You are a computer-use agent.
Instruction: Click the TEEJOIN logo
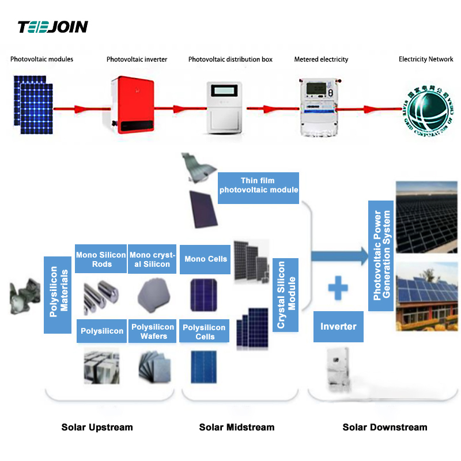click(x=52, y=27)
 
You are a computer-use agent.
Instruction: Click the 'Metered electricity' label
click(x=321, y=59)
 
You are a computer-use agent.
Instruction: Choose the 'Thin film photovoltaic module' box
click(x=259, y=186)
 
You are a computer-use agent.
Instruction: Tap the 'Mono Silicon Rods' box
click(x=101, y=259)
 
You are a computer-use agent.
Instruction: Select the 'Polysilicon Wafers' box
click(x=153, y=331)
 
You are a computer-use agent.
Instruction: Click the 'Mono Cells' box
click(x=206, y=259)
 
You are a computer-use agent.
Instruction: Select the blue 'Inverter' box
click(x=338, y=327)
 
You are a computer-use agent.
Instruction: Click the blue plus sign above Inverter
click(x=338, y=288)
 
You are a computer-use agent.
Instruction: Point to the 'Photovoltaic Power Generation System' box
click(x=381, y=255)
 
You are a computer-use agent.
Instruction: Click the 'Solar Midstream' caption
click(x=237, y=427)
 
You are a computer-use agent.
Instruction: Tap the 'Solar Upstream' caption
click(x=97, y=427)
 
